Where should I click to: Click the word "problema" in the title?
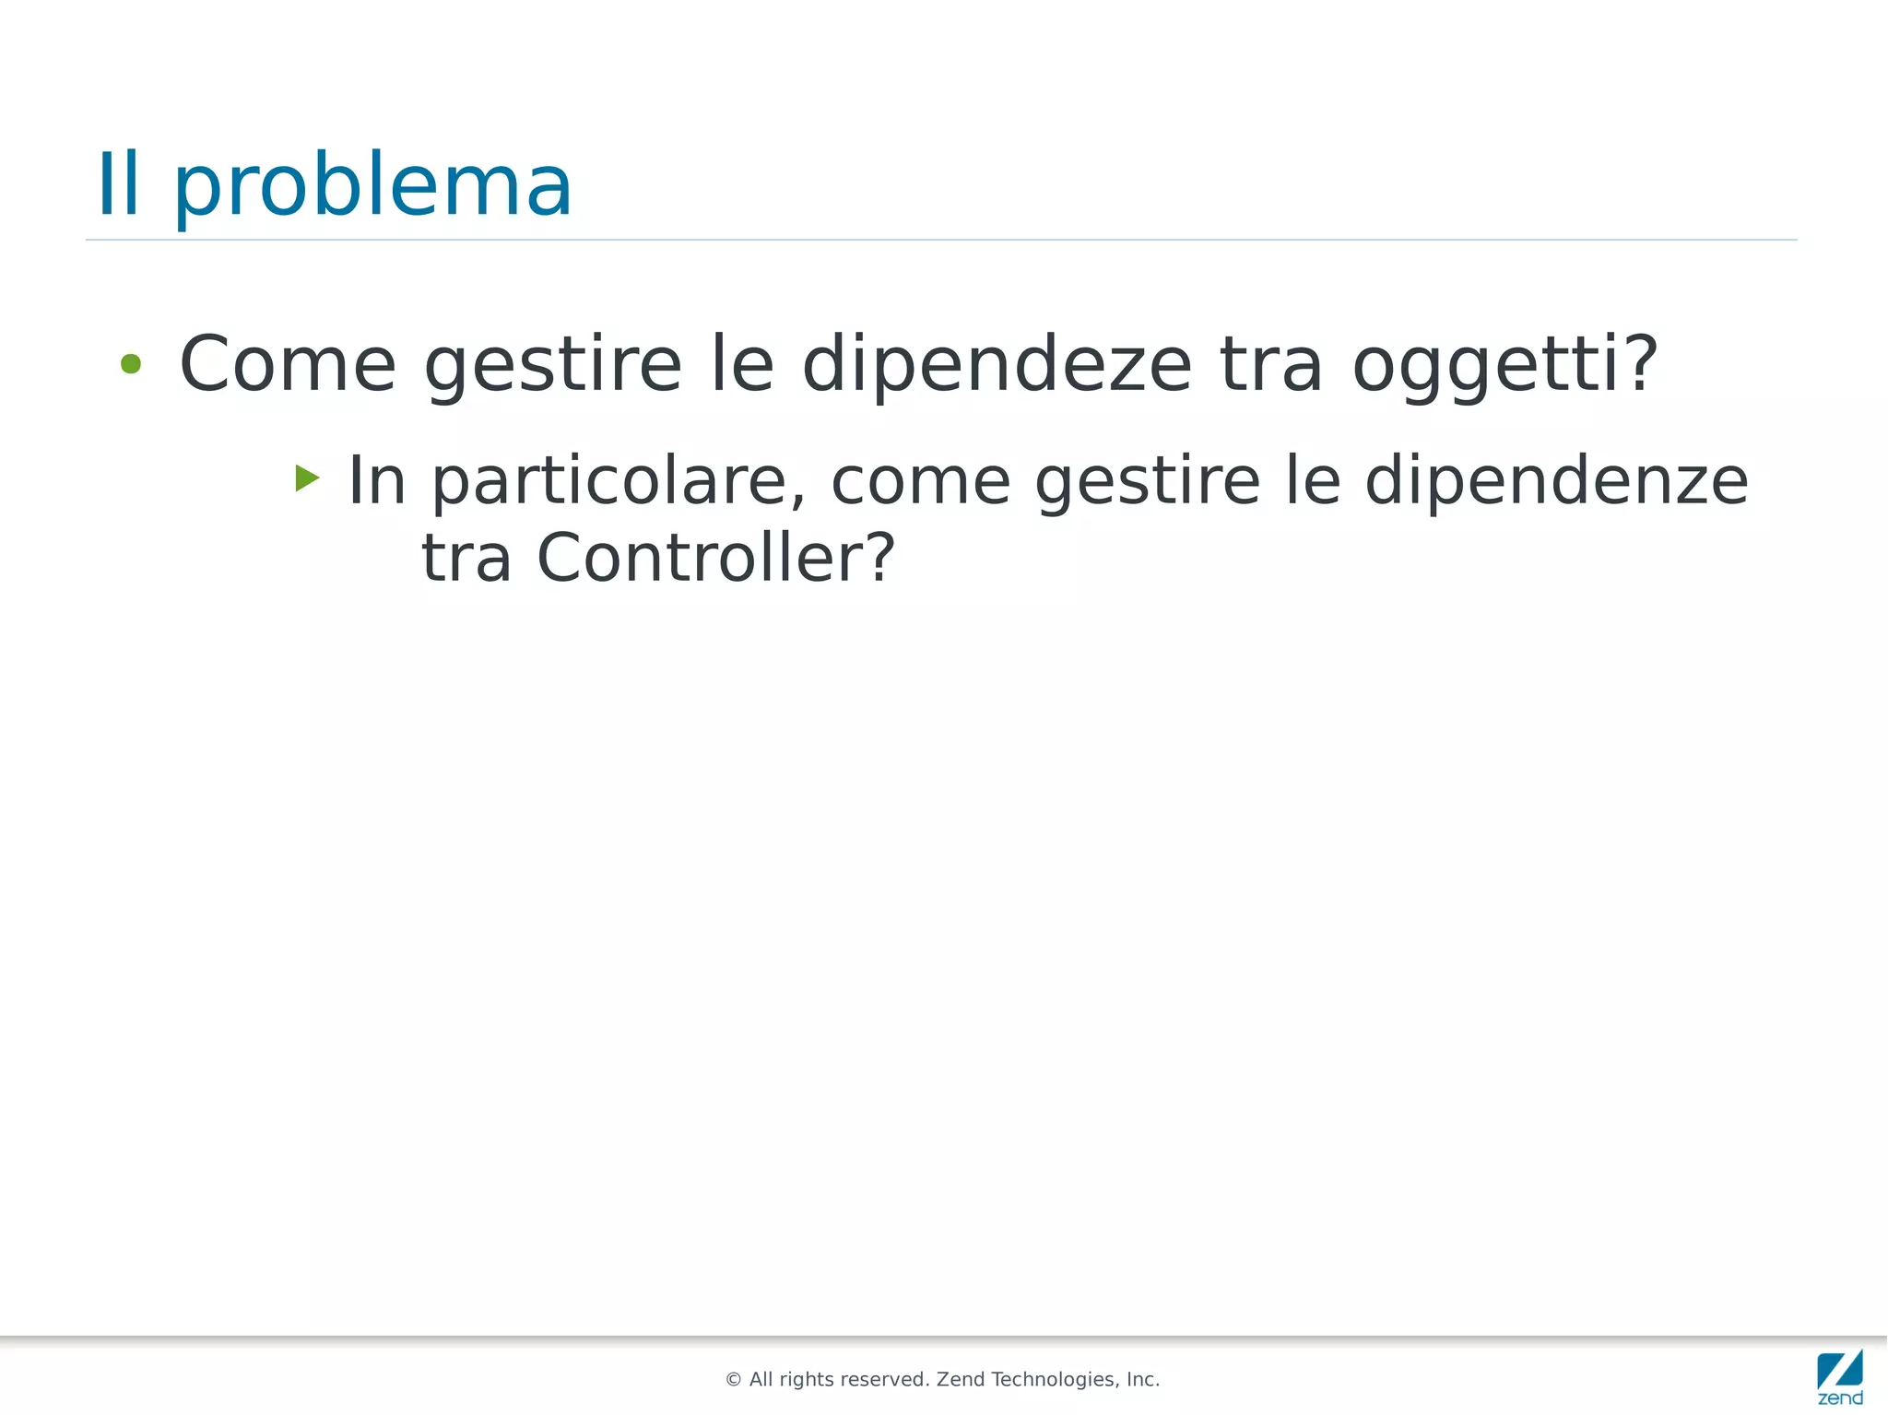(x=372, y=187)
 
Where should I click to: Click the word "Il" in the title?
(x=118, y=185)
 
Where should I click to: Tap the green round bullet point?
(x=131, y=364)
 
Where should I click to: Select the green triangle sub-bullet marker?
(x=307, y=478)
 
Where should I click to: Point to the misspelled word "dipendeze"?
(x=997, y=366)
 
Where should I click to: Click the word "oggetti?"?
(x=1504, y=366)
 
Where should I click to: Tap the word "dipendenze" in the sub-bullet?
(x=1555, y=482)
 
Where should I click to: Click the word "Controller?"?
(x=715, y=559)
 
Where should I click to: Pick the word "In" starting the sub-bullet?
(x=376, y=480)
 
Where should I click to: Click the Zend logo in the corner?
(x=1840, y=1376)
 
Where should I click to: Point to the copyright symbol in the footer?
(x=734, y=1380)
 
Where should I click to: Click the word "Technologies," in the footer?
(x=1055, y=1380)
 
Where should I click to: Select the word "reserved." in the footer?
(x=886, y=1380)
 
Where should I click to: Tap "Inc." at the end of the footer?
(x=1143, y=1380)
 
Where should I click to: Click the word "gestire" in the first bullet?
(x=552, y=366)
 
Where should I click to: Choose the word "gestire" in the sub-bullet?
(x=1147, y=482)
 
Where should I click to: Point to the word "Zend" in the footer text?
(x=962, y=1380)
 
